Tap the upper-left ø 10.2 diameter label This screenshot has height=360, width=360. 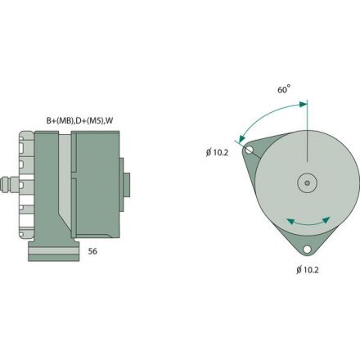[x=217, y=151]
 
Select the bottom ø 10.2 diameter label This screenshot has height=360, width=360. [x=308, y=268]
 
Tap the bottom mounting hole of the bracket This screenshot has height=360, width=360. [x=307, y=250]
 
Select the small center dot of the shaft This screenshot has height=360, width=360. [x=307, y=183]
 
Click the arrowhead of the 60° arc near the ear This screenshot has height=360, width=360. [x=241, y=139]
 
